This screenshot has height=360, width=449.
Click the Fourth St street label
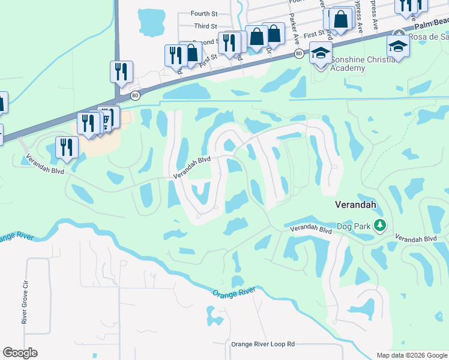tap(204, 14)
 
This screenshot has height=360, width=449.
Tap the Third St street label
tap(205, 26)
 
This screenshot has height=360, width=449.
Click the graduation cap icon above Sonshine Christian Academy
tap(321, 52)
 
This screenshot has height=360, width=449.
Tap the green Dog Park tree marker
tap(379, 226)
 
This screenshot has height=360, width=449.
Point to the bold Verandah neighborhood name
tap(355, 205)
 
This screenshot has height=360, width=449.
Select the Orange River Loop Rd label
tap(263, 344)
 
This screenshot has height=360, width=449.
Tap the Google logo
tap(20, 353)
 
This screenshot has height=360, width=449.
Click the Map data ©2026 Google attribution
tap(411, 355)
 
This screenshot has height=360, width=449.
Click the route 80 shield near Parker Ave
tap(298, 54)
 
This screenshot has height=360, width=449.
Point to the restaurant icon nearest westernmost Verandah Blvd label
tap(65, 147)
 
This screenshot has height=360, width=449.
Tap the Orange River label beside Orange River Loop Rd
tap(234, 292)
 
